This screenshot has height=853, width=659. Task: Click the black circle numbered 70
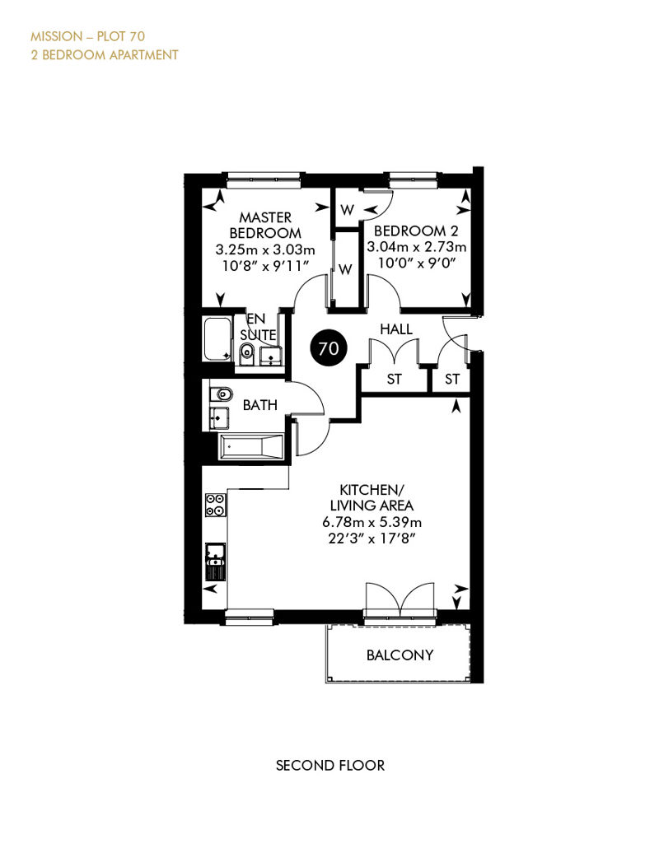[x=328, y=347]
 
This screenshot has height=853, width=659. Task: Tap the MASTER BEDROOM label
[x=265, y=226]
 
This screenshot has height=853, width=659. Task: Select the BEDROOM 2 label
[x=416, y=231]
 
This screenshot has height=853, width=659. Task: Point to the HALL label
[x=396, y=329]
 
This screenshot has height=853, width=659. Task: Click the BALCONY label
[x=400, y=655]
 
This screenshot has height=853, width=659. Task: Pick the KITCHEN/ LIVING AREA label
[x=372, y=497]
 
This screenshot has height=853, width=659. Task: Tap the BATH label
[x=260, y=405]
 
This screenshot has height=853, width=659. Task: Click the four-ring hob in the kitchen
[x=216, y=504]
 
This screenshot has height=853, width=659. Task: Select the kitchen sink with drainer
[x=216, y=562]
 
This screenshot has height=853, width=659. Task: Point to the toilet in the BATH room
[x=221, y=394]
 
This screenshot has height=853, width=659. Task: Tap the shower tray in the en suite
[x=217, y=339]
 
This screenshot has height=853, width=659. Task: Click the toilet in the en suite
[x=246, y=353]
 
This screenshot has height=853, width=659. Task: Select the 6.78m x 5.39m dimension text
[x=372, y=522]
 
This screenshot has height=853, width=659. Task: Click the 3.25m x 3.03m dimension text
[x=265, y=250]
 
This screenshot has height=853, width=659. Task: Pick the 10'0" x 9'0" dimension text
[x=417, y=263]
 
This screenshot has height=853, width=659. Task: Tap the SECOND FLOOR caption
[x=330, y=766]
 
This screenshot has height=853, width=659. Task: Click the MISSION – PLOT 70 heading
[x=87, y=36]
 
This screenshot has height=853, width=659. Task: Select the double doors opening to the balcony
[x=400, y=600]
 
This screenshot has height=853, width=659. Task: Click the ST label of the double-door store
[x=394, y=380]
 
